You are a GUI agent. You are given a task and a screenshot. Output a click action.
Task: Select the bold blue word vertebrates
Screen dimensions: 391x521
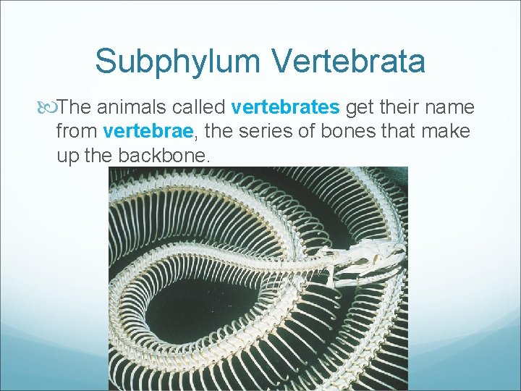tap(285, 108)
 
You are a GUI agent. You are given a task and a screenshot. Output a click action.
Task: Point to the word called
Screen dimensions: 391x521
tap(198, 108)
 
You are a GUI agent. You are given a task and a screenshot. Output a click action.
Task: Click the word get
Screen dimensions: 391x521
tap(358, 108)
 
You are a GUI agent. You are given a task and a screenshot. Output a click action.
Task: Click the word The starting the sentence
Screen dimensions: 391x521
tap(75, 108)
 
